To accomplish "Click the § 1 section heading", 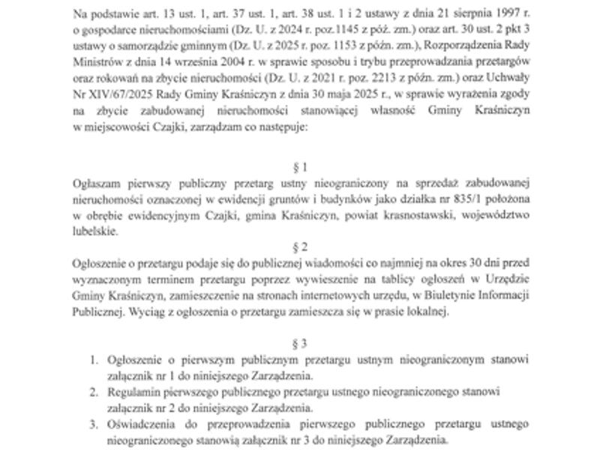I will [299, 167].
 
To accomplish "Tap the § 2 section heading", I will [299, 247].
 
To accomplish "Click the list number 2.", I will [93, 391].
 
